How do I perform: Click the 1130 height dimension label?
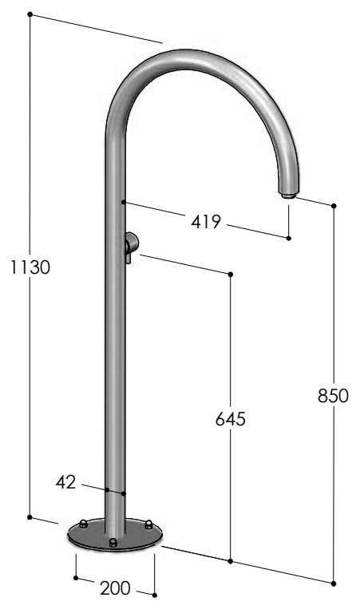point(30,267)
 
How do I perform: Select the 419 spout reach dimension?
point(205,222)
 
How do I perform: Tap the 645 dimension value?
point(231,419)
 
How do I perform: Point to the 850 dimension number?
point(333,396)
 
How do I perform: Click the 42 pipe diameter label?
point(65,482)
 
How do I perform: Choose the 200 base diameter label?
point(115,588)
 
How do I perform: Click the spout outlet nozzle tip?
point(289,196)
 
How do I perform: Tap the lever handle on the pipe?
point(130,247)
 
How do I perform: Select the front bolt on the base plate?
point(113,543)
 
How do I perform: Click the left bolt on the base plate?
point(83,524)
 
